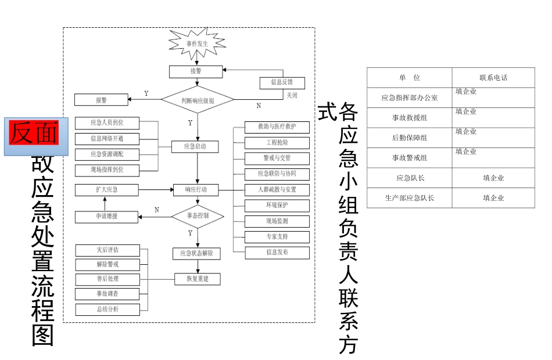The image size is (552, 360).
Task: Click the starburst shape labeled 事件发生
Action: (197, 44)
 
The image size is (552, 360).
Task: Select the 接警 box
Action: (196, 71)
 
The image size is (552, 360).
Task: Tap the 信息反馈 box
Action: (282, 82)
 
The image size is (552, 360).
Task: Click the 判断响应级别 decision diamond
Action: (197, 100)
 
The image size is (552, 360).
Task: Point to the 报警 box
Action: (101, 100)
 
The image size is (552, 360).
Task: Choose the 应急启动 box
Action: (196, 146)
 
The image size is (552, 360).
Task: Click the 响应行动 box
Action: (196, 189)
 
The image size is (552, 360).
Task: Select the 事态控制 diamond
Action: (197, 215)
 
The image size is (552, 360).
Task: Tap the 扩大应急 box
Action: (106, 190)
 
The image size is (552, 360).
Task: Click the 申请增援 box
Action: (106, 217)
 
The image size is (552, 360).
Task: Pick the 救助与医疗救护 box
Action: (277, 127)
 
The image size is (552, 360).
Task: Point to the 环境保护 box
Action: (277, 205)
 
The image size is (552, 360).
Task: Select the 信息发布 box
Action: (277, 253)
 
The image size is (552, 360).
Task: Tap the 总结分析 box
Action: (107, 309)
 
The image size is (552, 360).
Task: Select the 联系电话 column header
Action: (493, 78)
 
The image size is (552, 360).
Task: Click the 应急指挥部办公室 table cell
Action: (409, 98)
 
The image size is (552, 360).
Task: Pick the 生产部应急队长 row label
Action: (409, 198)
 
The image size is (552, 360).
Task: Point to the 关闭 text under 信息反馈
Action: (292, 95)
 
